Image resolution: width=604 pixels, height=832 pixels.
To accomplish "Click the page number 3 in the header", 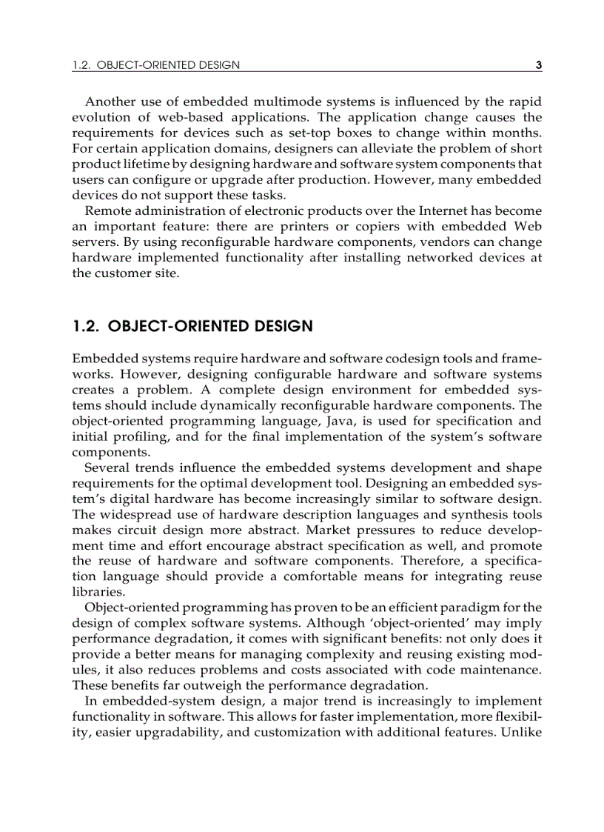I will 539,65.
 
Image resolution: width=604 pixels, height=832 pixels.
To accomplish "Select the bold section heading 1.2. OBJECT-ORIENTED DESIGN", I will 192,326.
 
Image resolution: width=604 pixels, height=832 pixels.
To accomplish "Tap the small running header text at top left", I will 156,65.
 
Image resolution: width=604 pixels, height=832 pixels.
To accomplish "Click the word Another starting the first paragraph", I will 111,101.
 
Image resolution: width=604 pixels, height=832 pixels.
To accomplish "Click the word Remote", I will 109,210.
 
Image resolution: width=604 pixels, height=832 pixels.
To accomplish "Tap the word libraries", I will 95,592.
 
